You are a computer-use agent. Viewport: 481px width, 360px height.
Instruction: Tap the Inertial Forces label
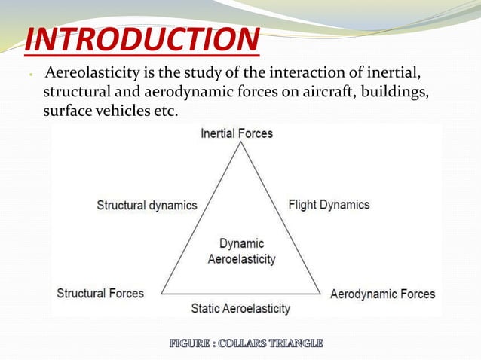[237, 133]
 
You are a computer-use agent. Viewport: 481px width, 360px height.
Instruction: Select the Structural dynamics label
[147, 205]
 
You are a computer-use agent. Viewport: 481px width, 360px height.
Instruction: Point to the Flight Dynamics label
[329, 204]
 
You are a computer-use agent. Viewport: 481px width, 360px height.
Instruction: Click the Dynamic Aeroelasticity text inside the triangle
[241, 252]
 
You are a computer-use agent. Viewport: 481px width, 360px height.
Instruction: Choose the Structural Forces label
[100, 293]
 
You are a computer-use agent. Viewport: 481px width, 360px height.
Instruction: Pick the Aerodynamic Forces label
[382, 294]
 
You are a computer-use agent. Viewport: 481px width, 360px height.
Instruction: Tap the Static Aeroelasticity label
[240, 309]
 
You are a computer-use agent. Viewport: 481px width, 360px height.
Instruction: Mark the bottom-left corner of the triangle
[161, 294]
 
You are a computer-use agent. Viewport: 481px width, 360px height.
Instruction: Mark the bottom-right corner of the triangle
[322, 294]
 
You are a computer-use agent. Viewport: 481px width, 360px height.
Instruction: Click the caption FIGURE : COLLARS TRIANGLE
[246, 343]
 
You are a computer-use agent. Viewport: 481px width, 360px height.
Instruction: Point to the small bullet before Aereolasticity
[26, 75]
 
